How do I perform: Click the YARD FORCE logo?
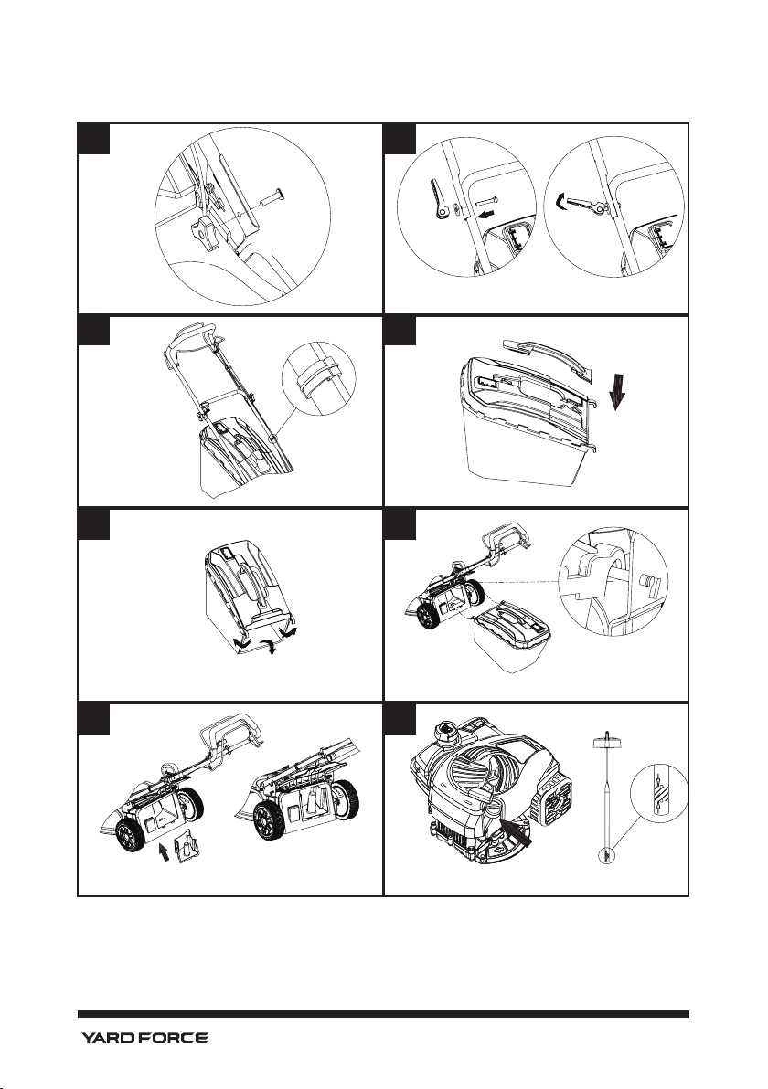click(143, 1038)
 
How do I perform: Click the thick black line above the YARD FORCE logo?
click(383, 1014)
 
